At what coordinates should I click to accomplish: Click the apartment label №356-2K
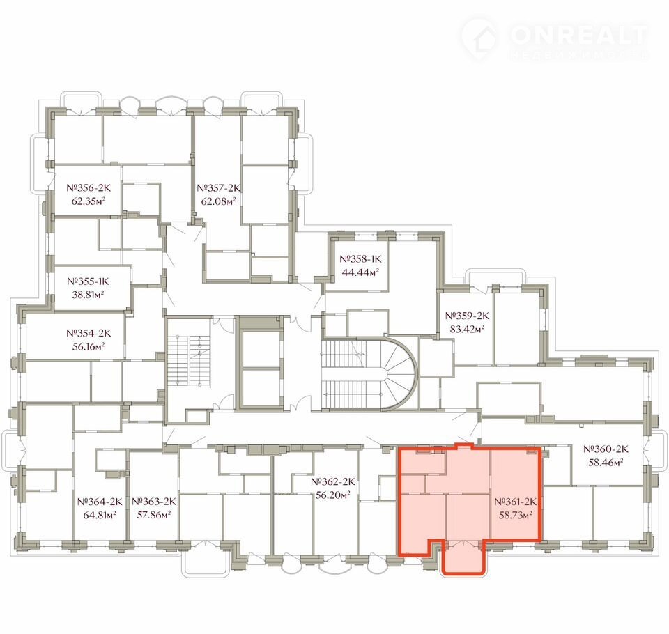[89, 187]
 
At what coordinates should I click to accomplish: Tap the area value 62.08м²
[218, 201]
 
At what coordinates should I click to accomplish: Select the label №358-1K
[360, 258]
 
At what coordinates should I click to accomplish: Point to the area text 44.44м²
[360, 272]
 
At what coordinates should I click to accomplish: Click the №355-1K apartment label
[89, 281]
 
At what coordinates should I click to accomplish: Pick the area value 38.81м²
[89, 295]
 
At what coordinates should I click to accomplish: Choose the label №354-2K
[89, 333]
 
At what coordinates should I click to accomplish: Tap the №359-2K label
[467, 316]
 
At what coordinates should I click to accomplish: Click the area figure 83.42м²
[467, 329]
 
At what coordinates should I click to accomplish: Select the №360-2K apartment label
[606, 449]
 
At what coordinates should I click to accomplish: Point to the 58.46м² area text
[606, 462]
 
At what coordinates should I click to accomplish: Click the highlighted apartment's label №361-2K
[516, 502]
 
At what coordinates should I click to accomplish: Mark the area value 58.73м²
[516, 515]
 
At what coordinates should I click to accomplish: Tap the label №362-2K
[333, 481]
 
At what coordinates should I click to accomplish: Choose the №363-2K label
[154, 502]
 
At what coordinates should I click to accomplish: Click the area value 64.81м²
[100, 515]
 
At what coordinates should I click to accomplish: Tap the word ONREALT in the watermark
[579, 35]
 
